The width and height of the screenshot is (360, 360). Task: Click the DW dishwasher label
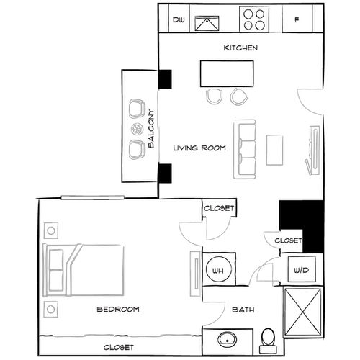point(179,20)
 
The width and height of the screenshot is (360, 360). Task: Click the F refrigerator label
point(296,20)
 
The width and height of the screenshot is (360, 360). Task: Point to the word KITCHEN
point(240,48)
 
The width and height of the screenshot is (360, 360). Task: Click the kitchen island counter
point(227,73)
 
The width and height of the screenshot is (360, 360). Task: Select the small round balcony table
point(135,130)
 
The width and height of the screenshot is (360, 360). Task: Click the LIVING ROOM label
point(199,148)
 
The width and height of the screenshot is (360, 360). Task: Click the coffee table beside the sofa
point(275,149)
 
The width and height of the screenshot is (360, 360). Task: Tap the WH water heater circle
point(217,271)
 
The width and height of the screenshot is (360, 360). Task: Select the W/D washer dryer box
point(299,271)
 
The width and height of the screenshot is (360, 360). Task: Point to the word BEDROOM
point(117,310)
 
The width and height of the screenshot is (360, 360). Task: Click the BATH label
point(241,310)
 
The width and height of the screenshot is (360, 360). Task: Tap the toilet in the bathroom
point(267,338)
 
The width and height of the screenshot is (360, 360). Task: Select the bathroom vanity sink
point(230,338)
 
